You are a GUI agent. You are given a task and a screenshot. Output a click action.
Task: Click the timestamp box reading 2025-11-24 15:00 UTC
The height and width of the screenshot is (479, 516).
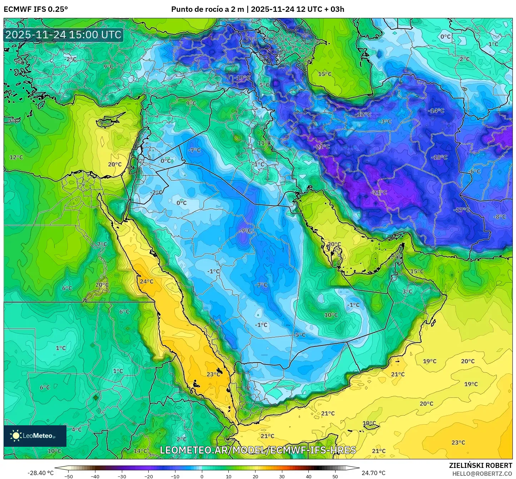click(x=63, y=35)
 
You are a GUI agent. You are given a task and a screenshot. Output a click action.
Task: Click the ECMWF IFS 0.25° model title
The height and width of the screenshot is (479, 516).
click(x=35, y=9)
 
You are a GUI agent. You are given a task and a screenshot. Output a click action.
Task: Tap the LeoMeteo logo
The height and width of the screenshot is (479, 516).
click(x=35, y=436)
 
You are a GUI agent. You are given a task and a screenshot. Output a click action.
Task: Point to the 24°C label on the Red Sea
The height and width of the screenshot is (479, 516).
click(x=147, y=281)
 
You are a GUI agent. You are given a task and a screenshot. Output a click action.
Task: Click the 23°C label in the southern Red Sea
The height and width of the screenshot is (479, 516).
click(x=213, y=374)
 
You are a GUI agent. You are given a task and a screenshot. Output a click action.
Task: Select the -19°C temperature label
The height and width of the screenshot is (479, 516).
click(x=243, y=78)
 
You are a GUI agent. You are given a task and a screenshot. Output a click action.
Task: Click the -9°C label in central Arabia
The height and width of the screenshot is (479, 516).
click(x=245, y=231)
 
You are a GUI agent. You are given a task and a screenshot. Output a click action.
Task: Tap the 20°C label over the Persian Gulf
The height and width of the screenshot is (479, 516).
click(x=334, y=244)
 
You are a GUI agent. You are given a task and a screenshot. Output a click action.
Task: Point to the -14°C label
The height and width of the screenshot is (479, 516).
click(x=436, y=111)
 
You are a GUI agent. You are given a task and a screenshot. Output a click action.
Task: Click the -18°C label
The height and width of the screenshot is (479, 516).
click(x=439, y=157)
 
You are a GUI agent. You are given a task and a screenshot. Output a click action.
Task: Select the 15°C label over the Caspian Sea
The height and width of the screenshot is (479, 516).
click(x=325, y=74)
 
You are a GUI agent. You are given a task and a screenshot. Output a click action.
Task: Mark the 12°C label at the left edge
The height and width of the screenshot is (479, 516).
click(x=16, y=157)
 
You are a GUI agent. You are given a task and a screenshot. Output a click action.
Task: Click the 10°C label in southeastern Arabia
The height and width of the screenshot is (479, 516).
click(x=331, y=315)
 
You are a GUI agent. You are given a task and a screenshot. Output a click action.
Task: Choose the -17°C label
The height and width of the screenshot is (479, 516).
click(x=462, y=210)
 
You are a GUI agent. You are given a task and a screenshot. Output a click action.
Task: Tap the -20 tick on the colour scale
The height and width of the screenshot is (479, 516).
click(x=149, y=476)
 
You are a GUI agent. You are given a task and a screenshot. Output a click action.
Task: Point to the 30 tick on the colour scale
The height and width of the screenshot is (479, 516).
click(x=282, y=476)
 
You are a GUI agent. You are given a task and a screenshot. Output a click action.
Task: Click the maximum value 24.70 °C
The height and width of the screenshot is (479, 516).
click(x=373, y=473)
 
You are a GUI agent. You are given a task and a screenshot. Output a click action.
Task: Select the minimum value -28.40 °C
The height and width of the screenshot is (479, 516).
click(x=40, y=473)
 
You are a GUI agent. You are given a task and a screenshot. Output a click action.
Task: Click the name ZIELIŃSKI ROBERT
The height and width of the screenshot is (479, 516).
click(x=480, y=465)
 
